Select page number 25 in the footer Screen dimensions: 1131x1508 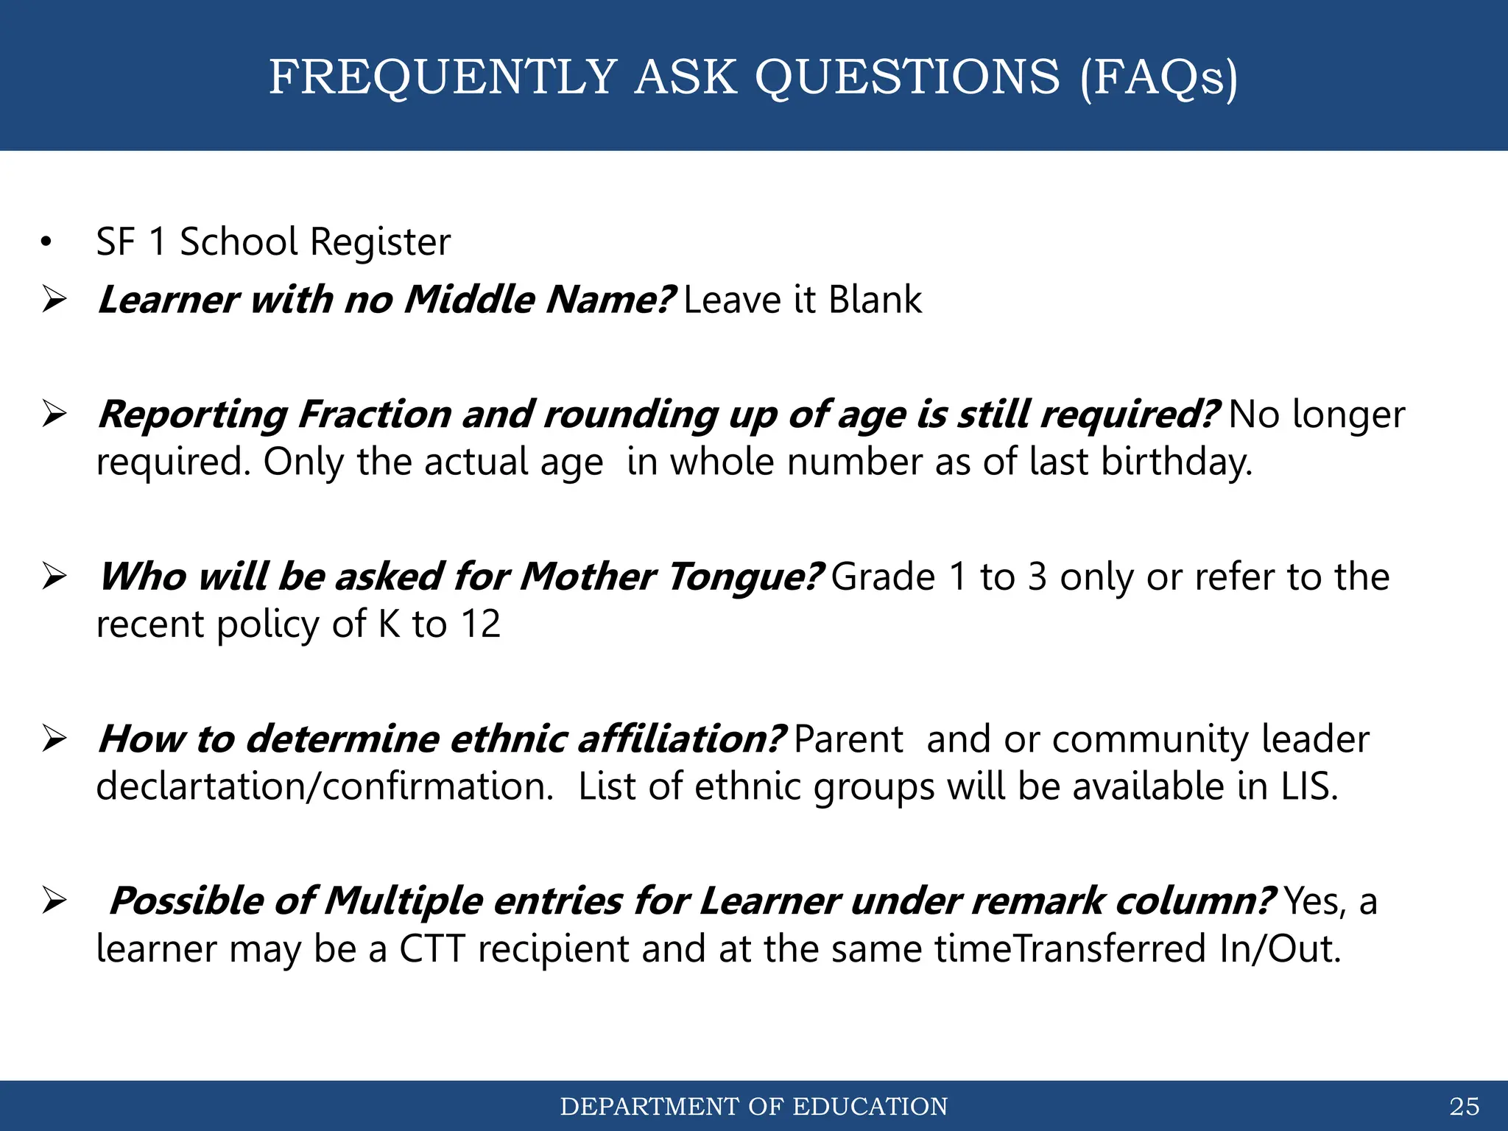pyautogui.click(x=1464, y=1106)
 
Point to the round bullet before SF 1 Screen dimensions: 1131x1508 pyautogui.click(x=47, y=242)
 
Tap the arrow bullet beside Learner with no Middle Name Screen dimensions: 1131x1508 pyautogui.click(x=54, y=300)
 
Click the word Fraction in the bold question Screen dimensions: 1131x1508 pyautogui.click(x=374, y=415)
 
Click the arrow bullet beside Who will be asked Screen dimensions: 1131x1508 pyautogui.click(x=54, y=577)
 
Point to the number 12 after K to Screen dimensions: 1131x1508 pyautogui.click(x=480, y=624)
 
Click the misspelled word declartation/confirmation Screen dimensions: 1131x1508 pyautogui.click(x=324, y=786)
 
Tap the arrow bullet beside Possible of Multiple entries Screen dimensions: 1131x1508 pyautogui.click(x=54, y=901)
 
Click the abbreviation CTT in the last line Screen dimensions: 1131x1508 pyautogui.click(x=431, y=948)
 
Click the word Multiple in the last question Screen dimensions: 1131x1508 pyautogui.click(x=402, y=901)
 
